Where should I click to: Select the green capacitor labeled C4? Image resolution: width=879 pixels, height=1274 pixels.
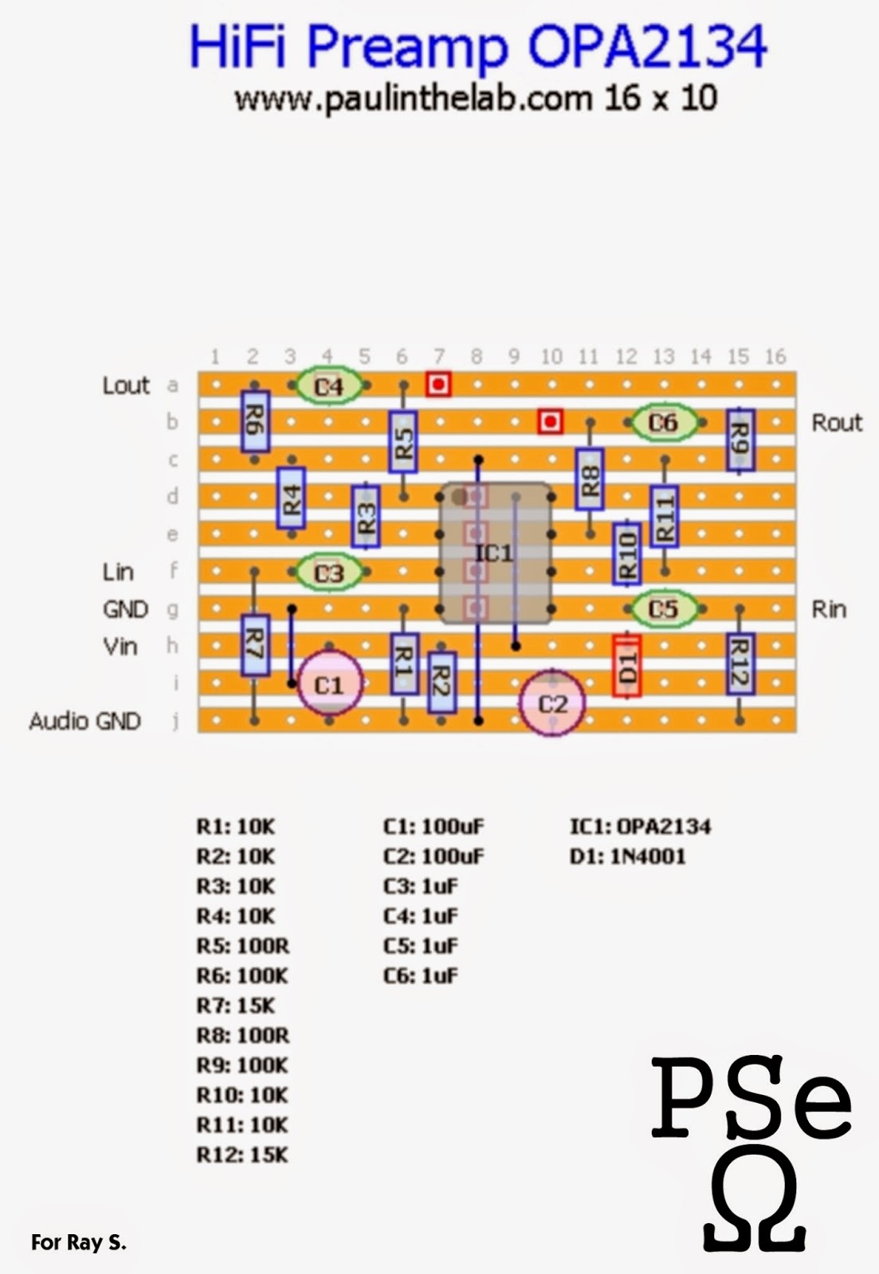pyautogui.click(x=328, y=386)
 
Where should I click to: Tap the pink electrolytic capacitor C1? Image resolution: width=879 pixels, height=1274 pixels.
pyautogui.click(x=329, y=684)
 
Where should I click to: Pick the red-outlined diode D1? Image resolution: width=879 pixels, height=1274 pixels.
pyautogui.click(x=627, y=666)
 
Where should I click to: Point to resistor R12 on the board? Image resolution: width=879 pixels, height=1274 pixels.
pyautogui.click(x=740, y=663)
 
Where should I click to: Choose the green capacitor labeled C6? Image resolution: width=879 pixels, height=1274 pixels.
pyautogui.click(x=663, y=423)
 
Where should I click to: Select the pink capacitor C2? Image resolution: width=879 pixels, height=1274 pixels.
pyautogui.click(x=552, y=704)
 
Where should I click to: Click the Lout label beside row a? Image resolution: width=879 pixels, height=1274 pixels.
pyautogui.click(x=126, y=386)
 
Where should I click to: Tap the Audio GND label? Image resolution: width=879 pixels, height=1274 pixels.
pyautogui.click(x=85, y=721)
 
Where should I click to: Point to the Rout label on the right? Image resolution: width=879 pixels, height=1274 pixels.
pyautogui.click(x=837, y=423)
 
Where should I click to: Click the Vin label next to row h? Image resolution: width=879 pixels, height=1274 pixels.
pyautogui.click(x=120, y=647)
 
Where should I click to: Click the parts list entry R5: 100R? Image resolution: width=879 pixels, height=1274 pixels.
pyautogui.click(x=243, y=946)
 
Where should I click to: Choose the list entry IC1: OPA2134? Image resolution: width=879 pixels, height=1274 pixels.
pyautogui.click(x=640, y=827)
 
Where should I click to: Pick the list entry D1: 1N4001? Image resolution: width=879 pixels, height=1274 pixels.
pyautogui.click(x=627, y=857)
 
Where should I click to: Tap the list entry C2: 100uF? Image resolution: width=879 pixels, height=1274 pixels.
pyautogui.click(x=434, y=857)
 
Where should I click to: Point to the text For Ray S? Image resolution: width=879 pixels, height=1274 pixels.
pyautogui.click(x=79, y=1242)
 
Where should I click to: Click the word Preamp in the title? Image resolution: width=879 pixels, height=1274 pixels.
pyautogui.click(x=407, y=48)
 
